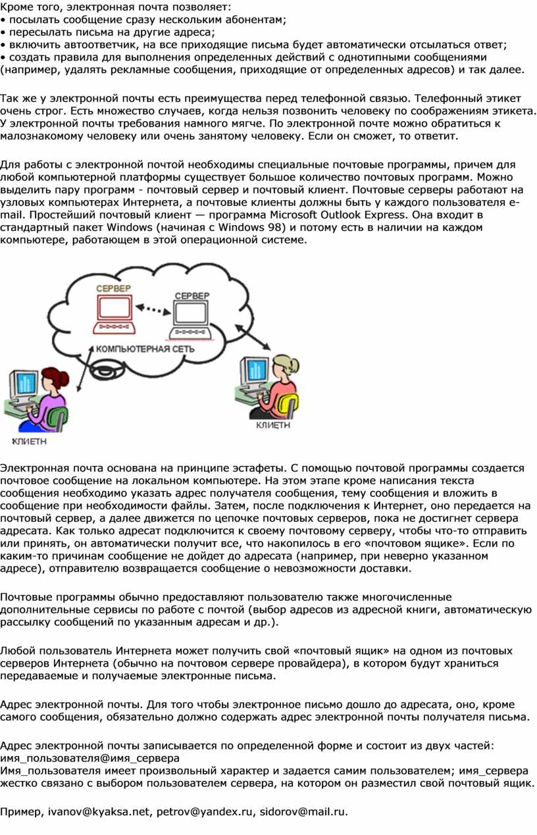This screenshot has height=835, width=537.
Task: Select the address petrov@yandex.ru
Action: coord(204,811)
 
